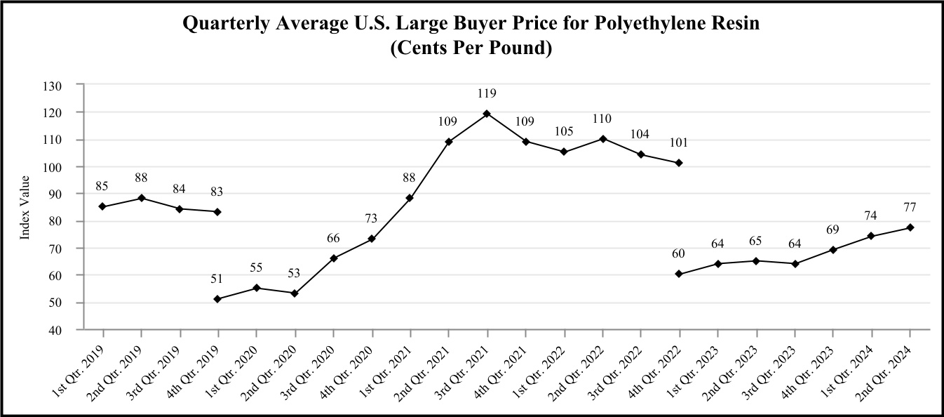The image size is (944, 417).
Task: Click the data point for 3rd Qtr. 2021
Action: pos(487,114)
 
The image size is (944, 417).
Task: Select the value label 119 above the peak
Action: pos(487,93)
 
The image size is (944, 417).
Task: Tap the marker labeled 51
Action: pos(217,299)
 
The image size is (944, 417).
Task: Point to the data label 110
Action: pos(602,119)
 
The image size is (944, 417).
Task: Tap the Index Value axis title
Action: pos(25,207)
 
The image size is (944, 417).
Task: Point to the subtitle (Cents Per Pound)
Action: pos(471,49)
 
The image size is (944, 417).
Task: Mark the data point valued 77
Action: pos(910,227)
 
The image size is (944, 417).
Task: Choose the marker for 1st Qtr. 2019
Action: pos(102,206)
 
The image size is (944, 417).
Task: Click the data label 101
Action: pos(679,143)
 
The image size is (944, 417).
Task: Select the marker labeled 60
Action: pos(679,274)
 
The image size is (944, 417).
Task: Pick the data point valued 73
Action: pos(372,239)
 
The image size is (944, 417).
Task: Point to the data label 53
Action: pos(295,272)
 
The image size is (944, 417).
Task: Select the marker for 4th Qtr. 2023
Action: pos(832,250)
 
